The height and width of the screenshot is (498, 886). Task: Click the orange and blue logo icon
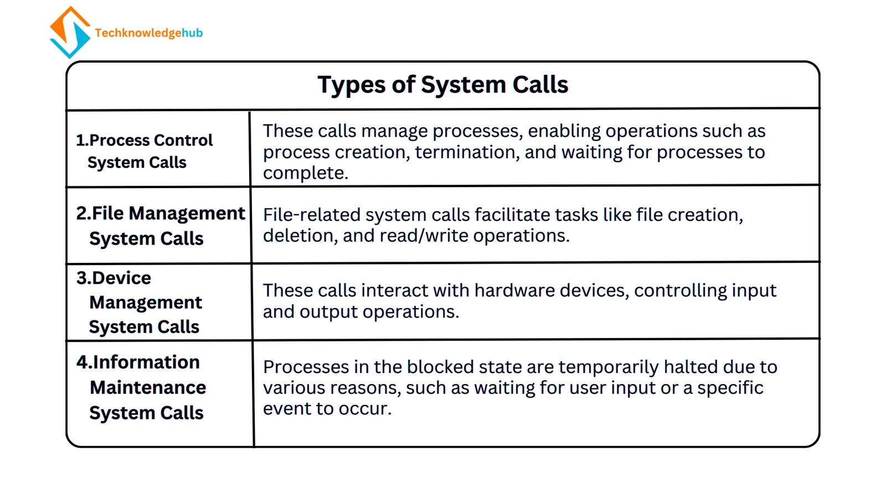point(70,32)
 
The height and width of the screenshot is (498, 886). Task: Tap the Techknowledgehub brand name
point(148,33)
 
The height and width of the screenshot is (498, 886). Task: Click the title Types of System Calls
point(442,85)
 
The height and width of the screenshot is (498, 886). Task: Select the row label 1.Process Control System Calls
point(144,151)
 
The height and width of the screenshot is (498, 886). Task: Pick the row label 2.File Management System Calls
point(160,226)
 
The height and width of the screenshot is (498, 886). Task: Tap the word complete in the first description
point(305,173)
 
